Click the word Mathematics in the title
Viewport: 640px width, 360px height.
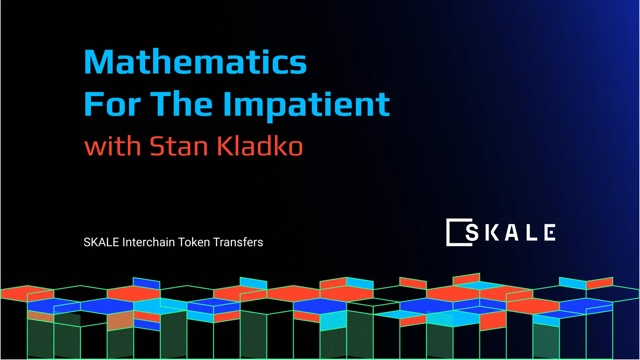pos(195,62)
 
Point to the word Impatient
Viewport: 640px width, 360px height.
pos(306,104)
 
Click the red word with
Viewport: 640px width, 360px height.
pos(112,146)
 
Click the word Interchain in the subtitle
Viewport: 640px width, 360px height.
pos(148,242)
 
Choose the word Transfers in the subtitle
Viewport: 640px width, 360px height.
pos(238,242)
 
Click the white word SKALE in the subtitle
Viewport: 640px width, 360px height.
pos(101,242)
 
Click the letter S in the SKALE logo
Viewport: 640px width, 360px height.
pos(472,232)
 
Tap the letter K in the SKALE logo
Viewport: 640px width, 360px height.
pos(492,232)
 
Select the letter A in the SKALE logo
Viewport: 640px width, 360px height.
pos(512,232)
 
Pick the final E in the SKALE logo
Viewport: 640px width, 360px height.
pos(550,232)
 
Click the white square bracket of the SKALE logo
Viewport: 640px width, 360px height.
pos(449,232)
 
